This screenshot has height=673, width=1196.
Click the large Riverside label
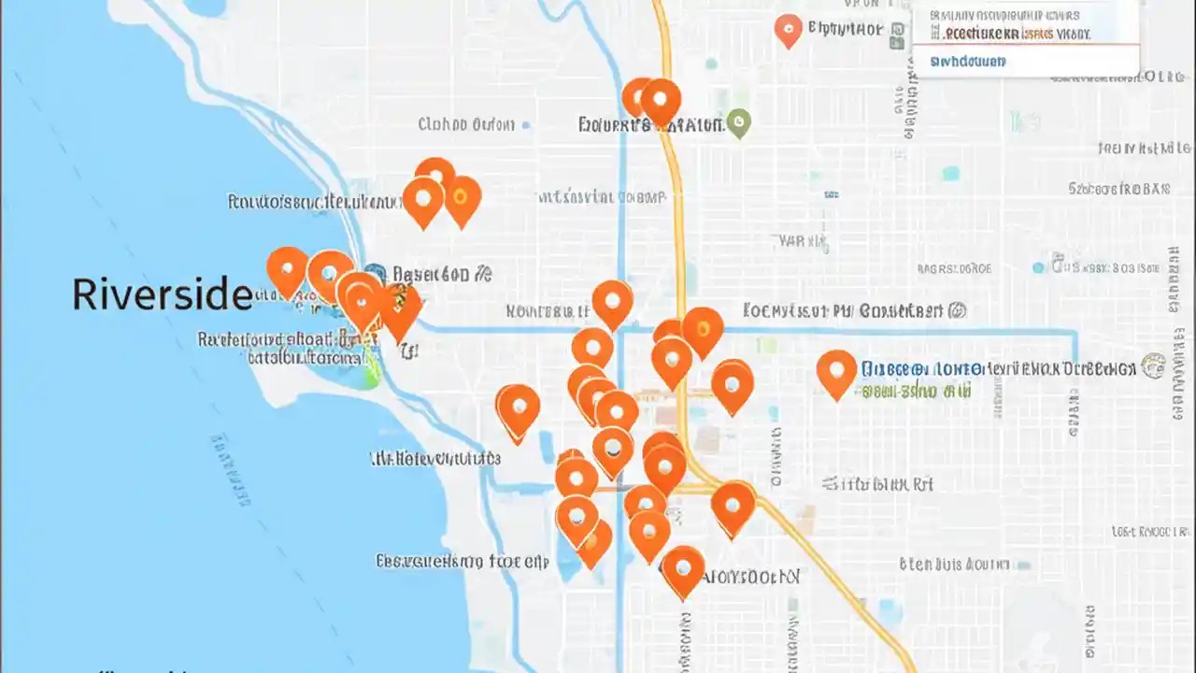click(x=162, y=294)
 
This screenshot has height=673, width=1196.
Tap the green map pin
click(x=739, y=122)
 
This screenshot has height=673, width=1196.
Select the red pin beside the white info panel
click(x=789, y=30)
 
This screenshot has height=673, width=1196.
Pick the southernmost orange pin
click(x=683, y=569)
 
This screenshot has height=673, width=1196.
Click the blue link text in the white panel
click(x=968, y=62)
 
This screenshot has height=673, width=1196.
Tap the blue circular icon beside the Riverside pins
click(x=374, y=274)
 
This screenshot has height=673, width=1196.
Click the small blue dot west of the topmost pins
click(x=525, y=124)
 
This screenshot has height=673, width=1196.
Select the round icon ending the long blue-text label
click(x=1153, y=366)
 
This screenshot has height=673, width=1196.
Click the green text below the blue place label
click(x=915, y=391)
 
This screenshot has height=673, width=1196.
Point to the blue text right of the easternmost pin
click(x=921, y=369)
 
